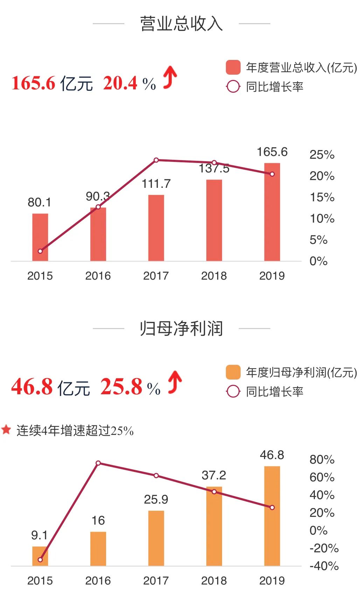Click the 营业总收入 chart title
pyautogui.click(x=181, y=24)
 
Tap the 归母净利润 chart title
pyautogui.click(x=181, y=328)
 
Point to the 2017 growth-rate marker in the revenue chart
pyautogui.click(x=156, y=160)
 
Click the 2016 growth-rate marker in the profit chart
pyautogui.click(x=98, y=463)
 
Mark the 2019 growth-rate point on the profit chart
pyautogui.click(x=272, y=507)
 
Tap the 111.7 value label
pyautogui.click(x=156, y=184)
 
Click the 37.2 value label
pyautogui.click(x=214, y=476)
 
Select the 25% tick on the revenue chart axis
pyautogui.click(x=322, y=155)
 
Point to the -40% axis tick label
pyautogui.click(x=324, y=566)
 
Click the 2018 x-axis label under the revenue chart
pyautogui.click(x=214, y=276)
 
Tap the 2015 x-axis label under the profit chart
pyautogui.click(x=40, y=581)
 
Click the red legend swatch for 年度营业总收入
pyautogui.click(x=233, y=67)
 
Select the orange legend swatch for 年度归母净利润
pyautogui.click(x=233, y=372)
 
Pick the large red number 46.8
pyautogui.click(x=32, y=387)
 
